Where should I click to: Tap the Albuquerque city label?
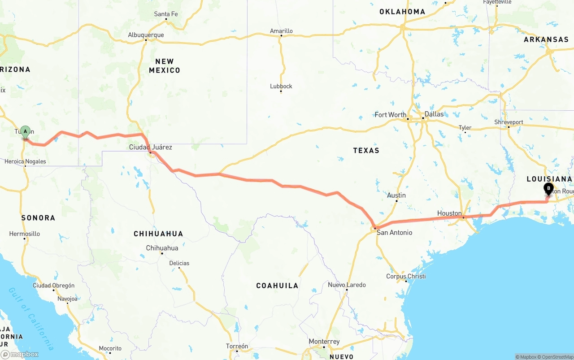tap(146, 35)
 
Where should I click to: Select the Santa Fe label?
tap(165, 14)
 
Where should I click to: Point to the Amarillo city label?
tap(281, 31)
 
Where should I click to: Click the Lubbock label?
tap(281, 86)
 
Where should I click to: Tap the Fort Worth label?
tap(390, 115)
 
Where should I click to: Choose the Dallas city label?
tap(434, 114)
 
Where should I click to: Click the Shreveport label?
tap(509, 122)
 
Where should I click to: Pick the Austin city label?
tap(396, 195)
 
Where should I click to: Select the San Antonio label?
tap(394, 233)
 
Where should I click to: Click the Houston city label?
tap(449, 213)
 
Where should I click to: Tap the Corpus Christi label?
tap(406, 276)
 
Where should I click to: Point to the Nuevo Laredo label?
tap(347, 285)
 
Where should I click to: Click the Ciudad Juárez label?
tap(150, 147)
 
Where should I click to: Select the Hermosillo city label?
tap(25, 234)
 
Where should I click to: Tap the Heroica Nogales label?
tap(25, 161)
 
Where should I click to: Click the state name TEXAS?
tap(366, 150)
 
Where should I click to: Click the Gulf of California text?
tap(31, 318)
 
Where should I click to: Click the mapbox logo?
tap(20, 354)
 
